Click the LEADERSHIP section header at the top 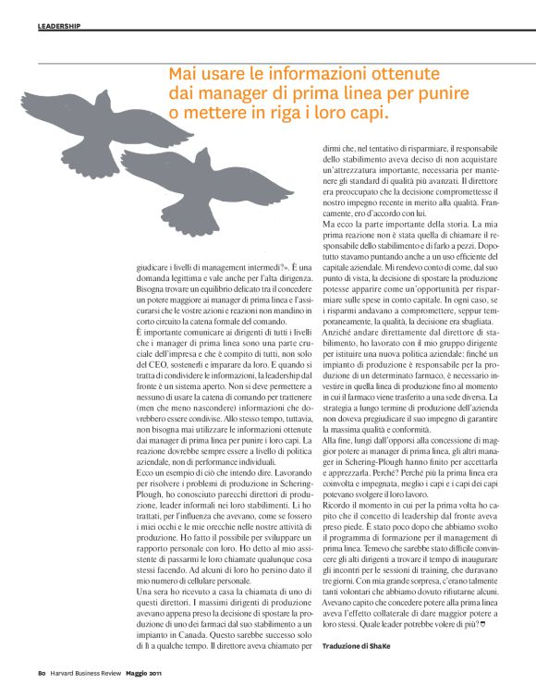pos(59,25)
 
